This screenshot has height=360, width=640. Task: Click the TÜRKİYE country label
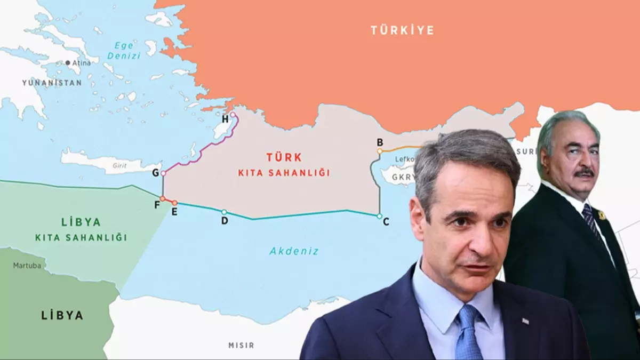(402, 30)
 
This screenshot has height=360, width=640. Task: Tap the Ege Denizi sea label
(123, 51)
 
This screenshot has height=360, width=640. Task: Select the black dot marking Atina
(68, 63)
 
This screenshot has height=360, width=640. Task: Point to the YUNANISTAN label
(52, 83)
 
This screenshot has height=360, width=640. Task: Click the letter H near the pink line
(225, 118)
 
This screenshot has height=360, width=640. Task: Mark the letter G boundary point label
(155, 173)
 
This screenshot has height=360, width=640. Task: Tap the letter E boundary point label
(174, 211)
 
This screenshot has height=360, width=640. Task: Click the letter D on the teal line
(225, 220)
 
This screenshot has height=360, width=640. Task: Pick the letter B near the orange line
(380, 142)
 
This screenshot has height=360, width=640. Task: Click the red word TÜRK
(284, 157)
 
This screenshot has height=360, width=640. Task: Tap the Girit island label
(119, 166)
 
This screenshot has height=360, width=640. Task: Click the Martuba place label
(27, 265)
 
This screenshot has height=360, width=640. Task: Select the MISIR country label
(241, 345)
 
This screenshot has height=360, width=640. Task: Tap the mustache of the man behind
(584, 173)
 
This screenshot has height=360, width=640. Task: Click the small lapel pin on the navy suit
(525, 321)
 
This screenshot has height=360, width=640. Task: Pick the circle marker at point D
(224, 212)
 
